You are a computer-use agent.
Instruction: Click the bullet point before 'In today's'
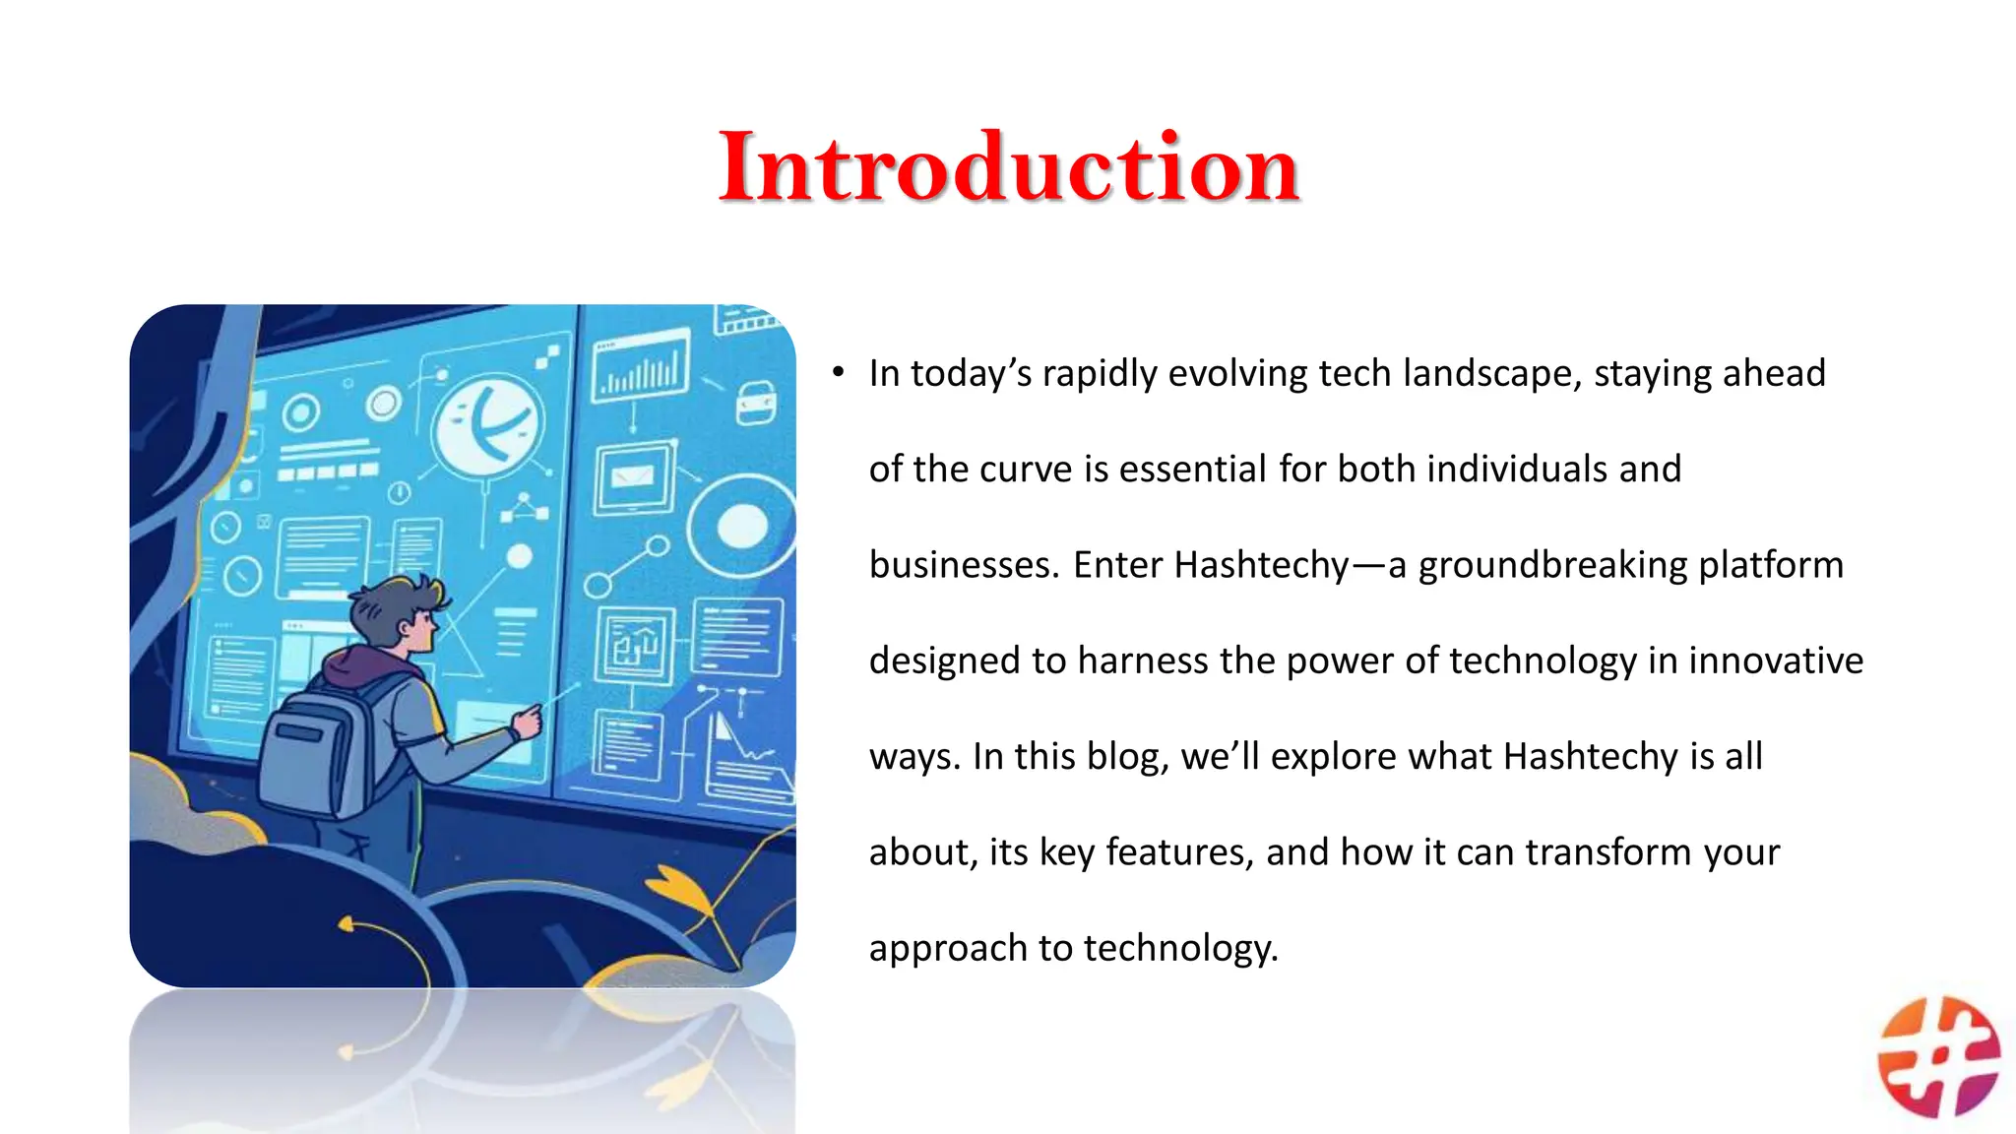click(838, 372)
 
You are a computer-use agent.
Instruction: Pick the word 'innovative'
click(1776, 660)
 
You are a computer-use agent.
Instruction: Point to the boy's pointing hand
click(527, 722)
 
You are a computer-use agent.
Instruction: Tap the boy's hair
click(394, 606)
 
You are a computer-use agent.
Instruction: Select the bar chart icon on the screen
click(641, 365)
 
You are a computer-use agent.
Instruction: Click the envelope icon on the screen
click(632, 476)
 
